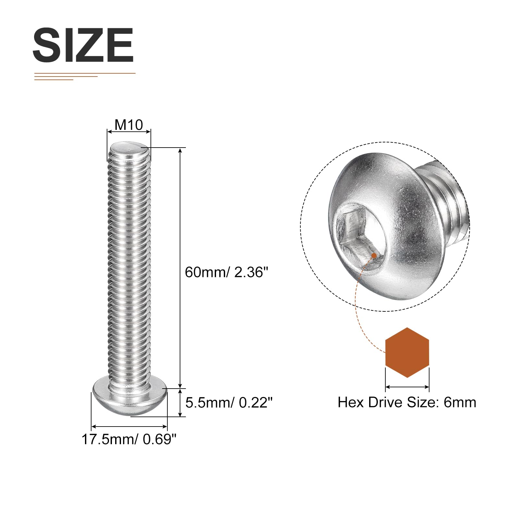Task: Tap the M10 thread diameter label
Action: click(x=129, y=125)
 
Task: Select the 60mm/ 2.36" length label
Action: click(x=227, y=272)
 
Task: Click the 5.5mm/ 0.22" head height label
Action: click(x=229, y=403)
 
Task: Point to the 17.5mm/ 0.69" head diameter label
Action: click(x=129, y=439)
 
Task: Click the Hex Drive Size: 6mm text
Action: click(x=407, y=402)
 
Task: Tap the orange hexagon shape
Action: click(x=407, y=353)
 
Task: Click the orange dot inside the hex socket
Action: click(x=374, y=256)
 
